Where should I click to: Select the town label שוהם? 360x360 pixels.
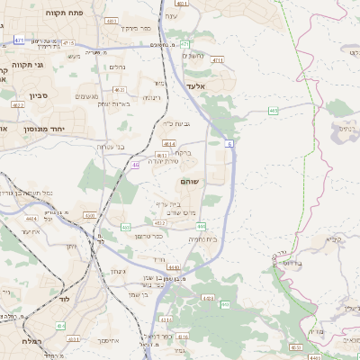coord(190,183)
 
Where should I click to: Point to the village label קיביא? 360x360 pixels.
coord(336,239)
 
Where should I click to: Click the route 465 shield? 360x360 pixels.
coord(272,111)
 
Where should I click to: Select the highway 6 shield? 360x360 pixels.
coord(229,143)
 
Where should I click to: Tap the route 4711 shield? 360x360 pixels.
coord(217,60)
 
